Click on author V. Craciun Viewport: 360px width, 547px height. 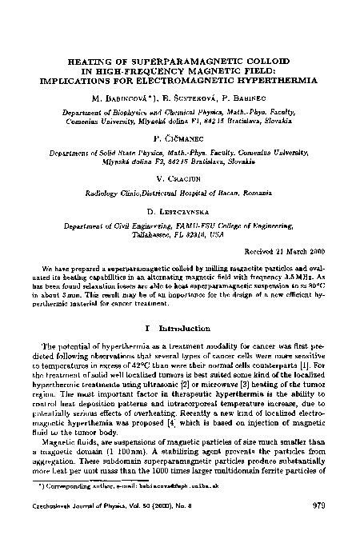179,179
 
